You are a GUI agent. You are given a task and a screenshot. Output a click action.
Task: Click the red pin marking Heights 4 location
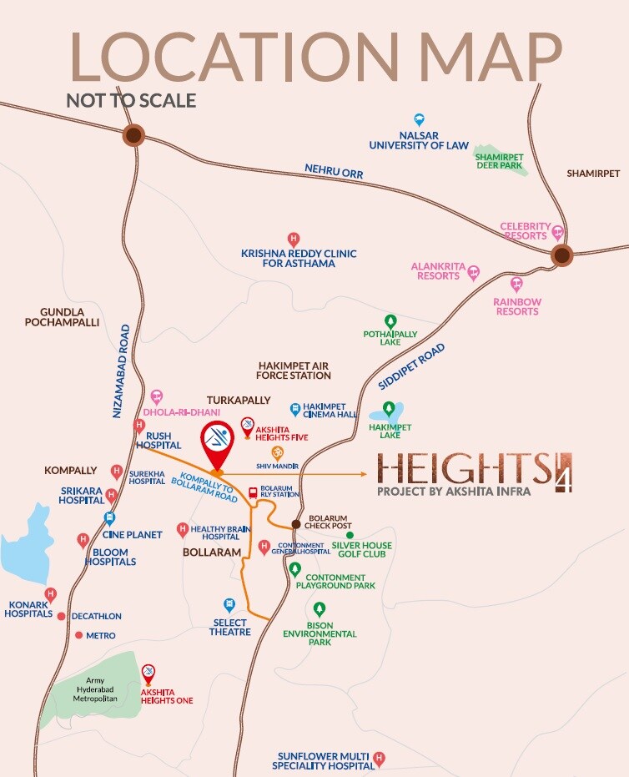[217, 445]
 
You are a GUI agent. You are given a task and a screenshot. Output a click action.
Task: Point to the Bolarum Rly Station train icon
[254, 492]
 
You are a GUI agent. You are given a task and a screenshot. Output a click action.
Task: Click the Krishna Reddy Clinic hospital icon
[293, 239]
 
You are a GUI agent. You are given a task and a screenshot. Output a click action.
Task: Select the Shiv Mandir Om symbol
[277, 451]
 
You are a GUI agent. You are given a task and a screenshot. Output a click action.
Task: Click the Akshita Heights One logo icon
[148, 672]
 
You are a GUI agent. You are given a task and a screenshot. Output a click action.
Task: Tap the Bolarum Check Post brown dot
[295, 524]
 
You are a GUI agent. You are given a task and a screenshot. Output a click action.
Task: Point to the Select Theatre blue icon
[229, 604]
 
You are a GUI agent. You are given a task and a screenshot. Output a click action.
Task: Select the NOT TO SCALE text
[131, 101]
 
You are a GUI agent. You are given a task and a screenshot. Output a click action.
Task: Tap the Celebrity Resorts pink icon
[557, 233]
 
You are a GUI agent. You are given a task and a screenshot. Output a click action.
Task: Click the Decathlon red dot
[62, 615]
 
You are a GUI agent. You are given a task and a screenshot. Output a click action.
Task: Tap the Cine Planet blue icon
[109, 517]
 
